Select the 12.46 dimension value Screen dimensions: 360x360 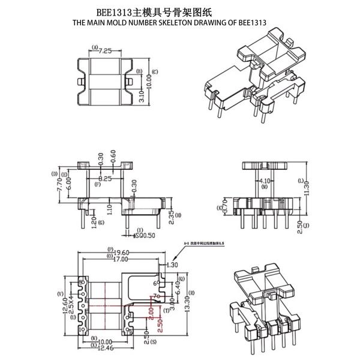pyautogui.click(x=106, y=348)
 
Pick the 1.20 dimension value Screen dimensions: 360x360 pyautogui.click(x=93, y=221)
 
